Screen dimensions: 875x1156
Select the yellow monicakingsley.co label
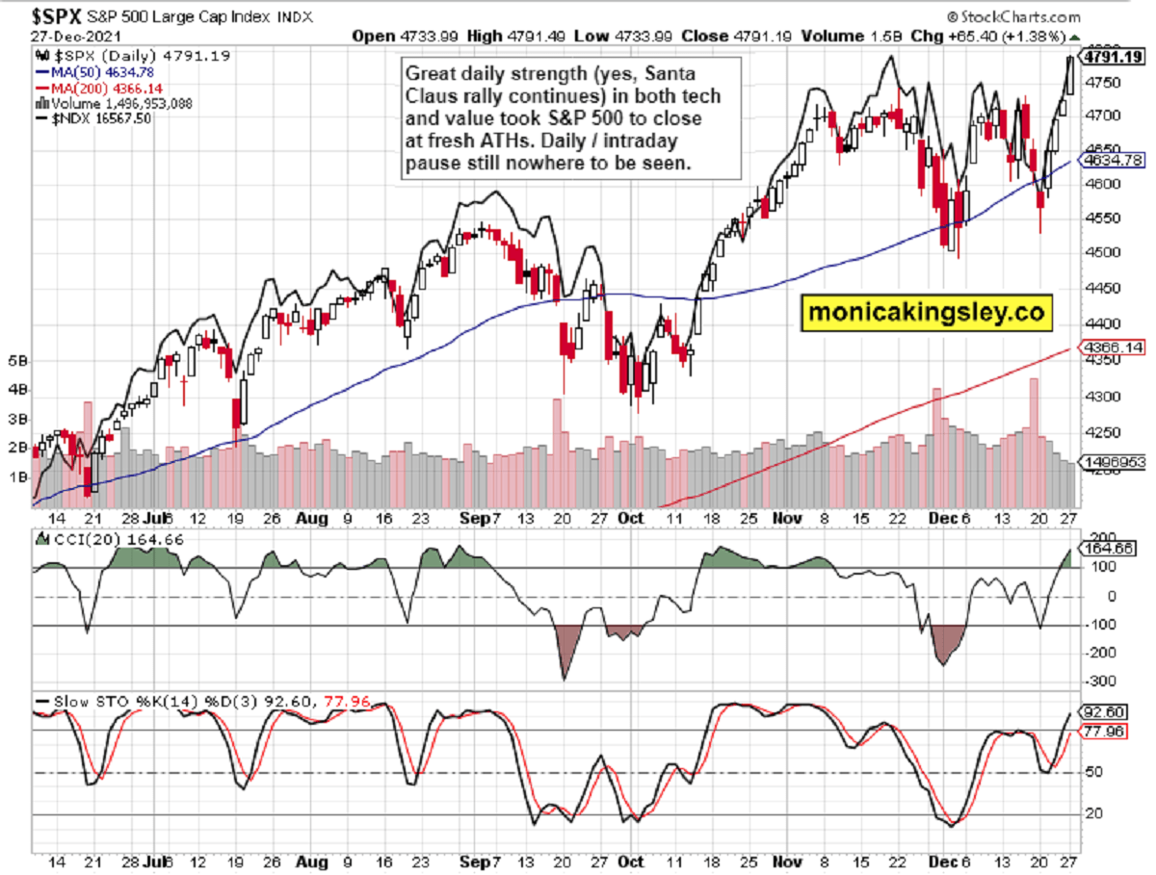tap(926, 312)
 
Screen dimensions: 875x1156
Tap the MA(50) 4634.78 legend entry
tap(89, 71)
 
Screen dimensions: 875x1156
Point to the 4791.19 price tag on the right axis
tap(1113, 57)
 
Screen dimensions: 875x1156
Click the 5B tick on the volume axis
tap(17, 361)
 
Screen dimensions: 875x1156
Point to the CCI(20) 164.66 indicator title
tap(104, 540)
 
